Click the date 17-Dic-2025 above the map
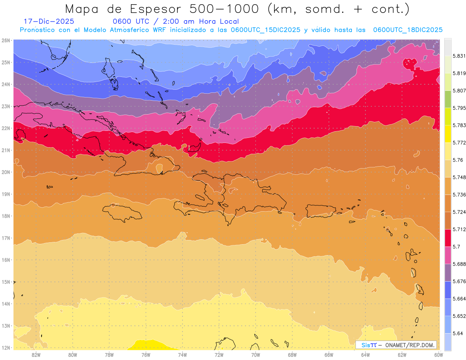point(49,21)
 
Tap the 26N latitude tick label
point(6,40)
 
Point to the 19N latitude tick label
point(6,194)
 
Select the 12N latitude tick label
point(6,348)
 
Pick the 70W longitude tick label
point(256,355)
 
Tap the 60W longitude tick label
point(438,355)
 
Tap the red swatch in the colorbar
point(448,238)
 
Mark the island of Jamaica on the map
point(122,212)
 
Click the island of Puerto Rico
point(320,210)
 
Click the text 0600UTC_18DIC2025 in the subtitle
point(408,30)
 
